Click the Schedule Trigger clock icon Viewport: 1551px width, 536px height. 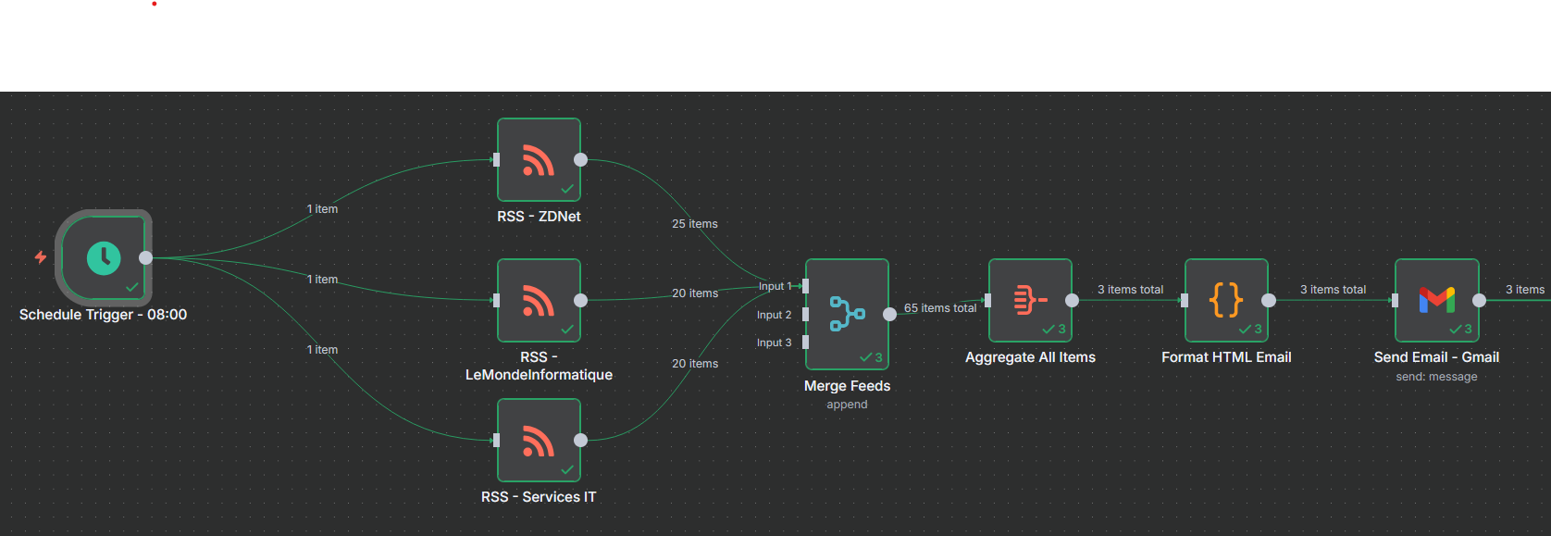pyautogui.click(x=104, y=257)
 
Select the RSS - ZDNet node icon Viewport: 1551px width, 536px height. pyautogui.click(x=538, y=160)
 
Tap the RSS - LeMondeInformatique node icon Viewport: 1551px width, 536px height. pyautogui.click(x=538, y=300)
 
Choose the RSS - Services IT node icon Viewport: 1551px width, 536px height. pyautogui.click(x=538, y=441)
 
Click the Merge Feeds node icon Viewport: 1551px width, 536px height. pyautogui.click(x=846, y=314)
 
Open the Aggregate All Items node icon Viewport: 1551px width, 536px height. pyautogui.click(x=1029, y=300)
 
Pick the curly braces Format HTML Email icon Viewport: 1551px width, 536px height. pyautogui.click(x=1225, y=300)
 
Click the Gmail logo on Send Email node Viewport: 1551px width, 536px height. pyautogui.click(x=1436, y=300)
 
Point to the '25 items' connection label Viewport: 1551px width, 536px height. pyautogui.click(x=695, y=224)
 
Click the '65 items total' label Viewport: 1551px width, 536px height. pyautogui.click(x=940, y=308)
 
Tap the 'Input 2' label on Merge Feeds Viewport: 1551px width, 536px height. pyautogui.click(x=774, y=315)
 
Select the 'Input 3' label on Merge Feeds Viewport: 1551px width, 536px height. pyautogui.click(x=774, y=343)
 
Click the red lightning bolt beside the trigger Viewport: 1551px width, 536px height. pyautogui.click(x=41, y=256)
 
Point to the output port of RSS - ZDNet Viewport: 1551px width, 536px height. pyautogui.click(x=580, y=159)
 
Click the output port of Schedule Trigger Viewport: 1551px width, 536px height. pyautogui.click(x=145, y=257)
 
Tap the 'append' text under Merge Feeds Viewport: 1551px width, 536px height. pyautogui.click(x=847, y=405)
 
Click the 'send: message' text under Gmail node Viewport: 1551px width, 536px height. pyautogui.click(x=1436, y=377)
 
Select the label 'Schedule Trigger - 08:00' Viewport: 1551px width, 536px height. pyautogui.click(x=103, y=315)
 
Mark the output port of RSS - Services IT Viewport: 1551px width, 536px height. pyautogui.click(x=580, y=440)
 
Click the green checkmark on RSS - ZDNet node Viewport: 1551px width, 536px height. pyautogui.click(x=567, y=189)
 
